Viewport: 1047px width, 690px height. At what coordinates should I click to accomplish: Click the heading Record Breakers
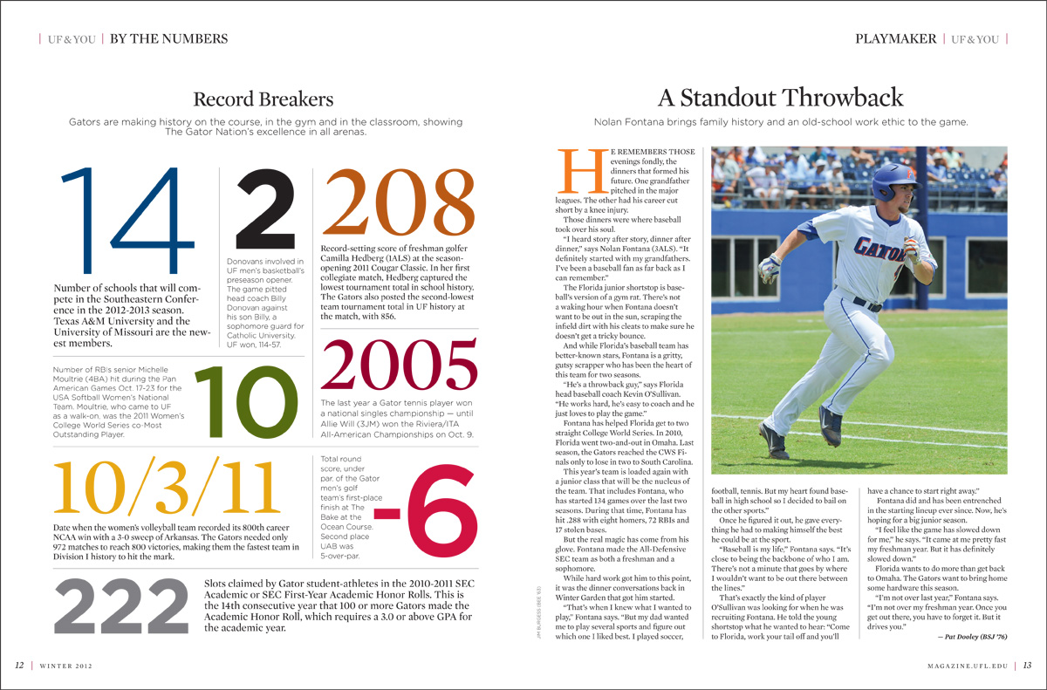click(263, 98)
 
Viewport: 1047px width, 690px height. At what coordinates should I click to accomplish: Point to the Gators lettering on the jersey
click(880, 249)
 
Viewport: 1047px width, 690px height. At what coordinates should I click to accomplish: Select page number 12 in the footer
click(19, 666)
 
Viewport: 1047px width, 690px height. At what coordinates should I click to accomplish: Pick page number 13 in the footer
click(1028, 666)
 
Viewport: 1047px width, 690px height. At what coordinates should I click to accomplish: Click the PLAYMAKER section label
click(895, 39)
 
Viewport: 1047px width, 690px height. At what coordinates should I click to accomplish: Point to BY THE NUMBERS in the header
click(168, 39)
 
